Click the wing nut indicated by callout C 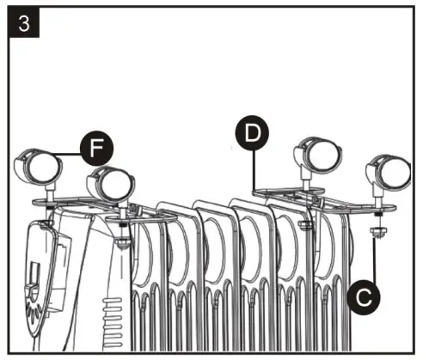377,231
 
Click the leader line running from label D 254,168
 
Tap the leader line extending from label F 69,152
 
